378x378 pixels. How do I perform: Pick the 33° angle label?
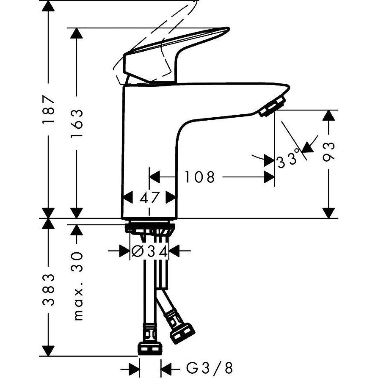pyautogui.click(x=289, y=161)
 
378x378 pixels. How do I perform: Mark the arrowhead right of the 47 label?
pyautogui.click(x=171, y=198)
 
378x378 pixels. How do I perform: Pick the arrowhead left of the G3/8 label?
pyautogui.click(x=166, y=367)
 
